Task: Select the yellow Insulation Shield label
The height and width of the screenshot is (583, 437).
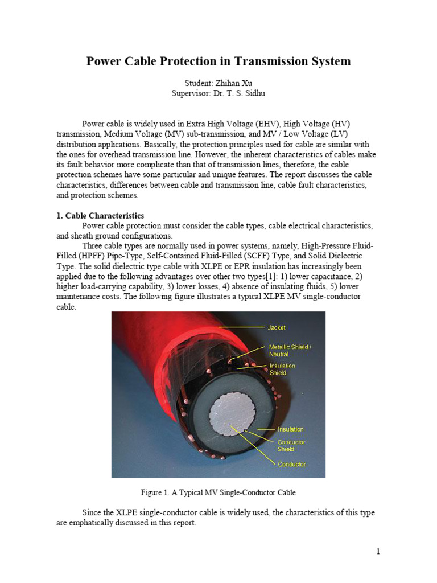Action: [282, 369]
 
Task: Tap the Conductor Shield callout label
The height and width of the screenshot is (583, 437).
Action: [291, 445]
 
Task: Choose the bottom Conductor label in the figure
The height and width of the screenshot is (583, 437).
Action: [292, 464]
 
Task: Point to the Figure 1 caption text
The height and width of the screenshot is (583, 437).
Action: [218, 492]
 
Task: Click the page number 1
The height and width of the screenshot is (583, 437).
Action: [377, 551]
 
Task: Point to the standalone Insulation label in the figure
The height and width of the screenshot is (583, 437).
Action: [290, 429]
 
